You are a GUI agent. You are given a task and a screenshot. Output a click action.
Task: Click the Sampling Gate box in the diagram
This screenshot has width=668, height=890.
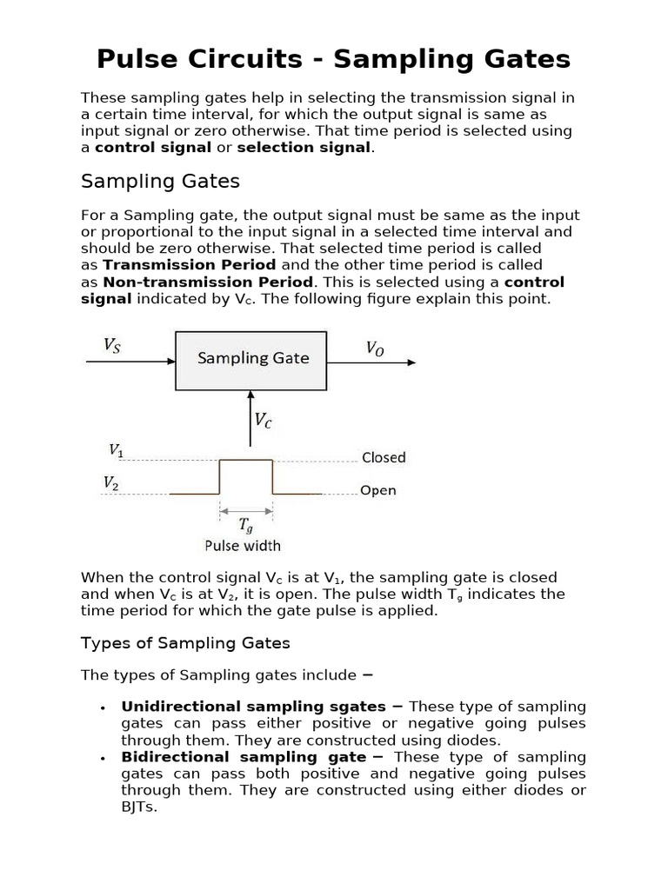click(251, 359)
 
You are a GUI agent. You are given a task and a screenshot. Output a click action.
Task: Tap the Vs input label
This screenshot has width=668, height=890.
click(112, 345)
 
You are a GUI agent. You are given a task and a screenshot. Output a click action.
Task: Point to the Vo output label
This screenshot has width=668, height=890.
click(374, 349)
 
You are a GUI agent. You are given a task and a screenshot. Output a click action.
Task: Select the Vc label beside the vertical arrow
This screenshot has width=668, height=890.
click(263, 420)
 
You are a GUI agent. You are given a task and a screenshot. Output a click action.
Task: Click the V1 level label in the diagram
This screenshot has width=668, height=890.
click(116, 450)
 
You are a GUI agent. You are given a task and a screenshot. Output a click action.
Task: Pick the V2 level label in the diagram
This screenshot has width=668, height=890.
click(110, 482)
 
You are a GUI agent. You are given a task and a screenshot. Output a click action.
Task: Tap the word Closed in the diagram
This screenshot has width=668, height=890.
click(384, 457)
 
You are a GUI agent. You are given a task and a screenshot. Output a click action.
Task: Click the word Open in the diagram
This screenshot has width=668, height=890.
click(378, 490)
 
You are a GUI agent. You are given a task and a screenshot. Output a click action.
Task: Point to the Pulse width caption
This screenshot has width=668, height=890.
click(242, 546)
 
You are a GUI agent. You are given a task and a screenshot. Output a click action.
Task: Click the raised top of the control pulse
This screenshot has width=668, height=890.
click(246, 460)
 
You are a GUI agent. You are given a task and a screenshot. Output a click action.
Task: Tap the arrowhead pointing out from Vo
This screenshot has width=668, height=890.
click(411, 362)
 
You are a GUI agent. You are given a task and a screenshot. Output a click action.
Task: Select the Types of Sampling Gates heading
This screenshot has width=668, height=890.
click(185, 643)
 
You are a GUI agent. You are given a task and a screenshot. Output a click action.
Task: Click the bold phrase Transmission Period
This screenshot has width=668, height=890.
click(190, 264)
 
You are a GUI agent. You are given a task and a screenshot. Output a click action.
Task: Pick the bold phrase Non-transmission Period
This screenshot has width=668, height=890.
click(208, 282)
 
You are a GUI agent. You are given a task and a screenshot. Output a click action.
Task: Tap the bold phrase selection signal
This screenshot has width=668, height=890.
click(304, 147)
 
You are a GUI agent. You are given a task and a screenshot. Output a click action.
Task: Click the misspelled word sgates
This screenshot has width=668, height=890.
click(359, 707)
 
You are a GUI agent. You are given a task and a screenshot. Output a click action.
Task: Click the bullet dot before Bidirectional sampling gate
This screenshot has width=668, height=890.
click(104, 759)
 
